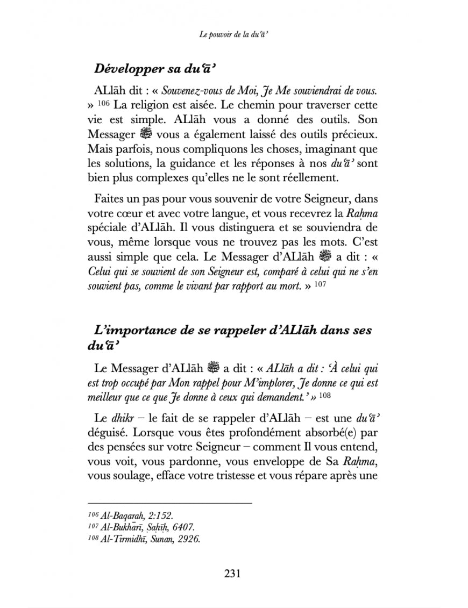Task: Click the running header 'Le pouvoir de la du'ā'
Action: (x=233, y=35)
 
